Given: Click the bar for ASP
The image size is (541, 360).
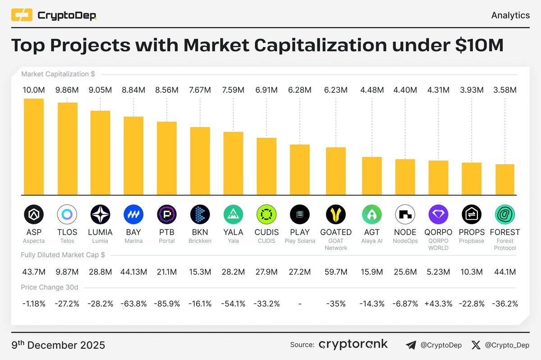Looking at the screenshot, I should [34, 146].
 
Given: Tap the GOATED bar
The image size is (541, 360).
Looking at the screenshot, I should [336, 171].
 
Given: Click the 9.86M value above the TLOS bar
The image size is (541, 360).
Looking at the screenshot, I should [67, 90].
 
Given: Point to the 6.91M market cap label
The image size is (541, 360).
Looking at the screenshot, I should [266, 90].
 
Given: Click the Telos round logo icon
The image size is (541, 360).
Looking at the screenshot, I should [67, 214].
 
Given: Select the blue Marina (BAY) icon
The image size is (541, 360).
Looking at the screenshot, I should [133, 214].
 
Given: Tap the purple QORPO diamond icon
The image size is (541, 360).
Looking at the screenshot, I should [438, 214].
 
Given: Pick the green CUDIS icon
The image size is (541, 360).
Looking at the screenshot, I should [266, 214].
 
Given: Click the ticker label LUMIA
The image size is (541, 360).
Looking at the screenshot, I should [100, 232].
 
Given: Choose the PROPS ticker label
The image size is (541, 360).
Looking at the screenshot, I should [472, 232].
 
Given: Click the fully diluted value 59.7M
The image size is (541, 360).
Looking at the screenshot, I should [336, 272].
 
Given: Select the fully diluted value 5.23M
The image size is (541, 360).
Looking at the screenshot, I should [438, 272].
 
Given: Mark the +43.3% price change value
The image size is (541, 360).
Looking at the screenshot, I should [438, 304].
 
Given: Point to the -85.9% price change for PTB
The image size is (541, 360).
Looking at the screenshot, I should [166, 304].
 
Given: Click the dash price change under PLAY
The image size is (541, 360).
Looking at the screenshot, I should [300, 304].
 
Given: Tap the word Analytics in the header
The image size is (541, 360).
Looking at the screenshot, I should [510, 15].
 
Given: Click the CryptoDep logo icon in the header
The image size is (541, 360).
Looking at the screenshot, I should [22, 15].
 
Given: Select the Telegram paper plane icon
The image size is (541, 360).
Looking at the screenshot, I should [411, 345].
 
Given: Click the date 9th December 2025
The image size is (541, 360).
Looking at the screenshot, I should [58, 345].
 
